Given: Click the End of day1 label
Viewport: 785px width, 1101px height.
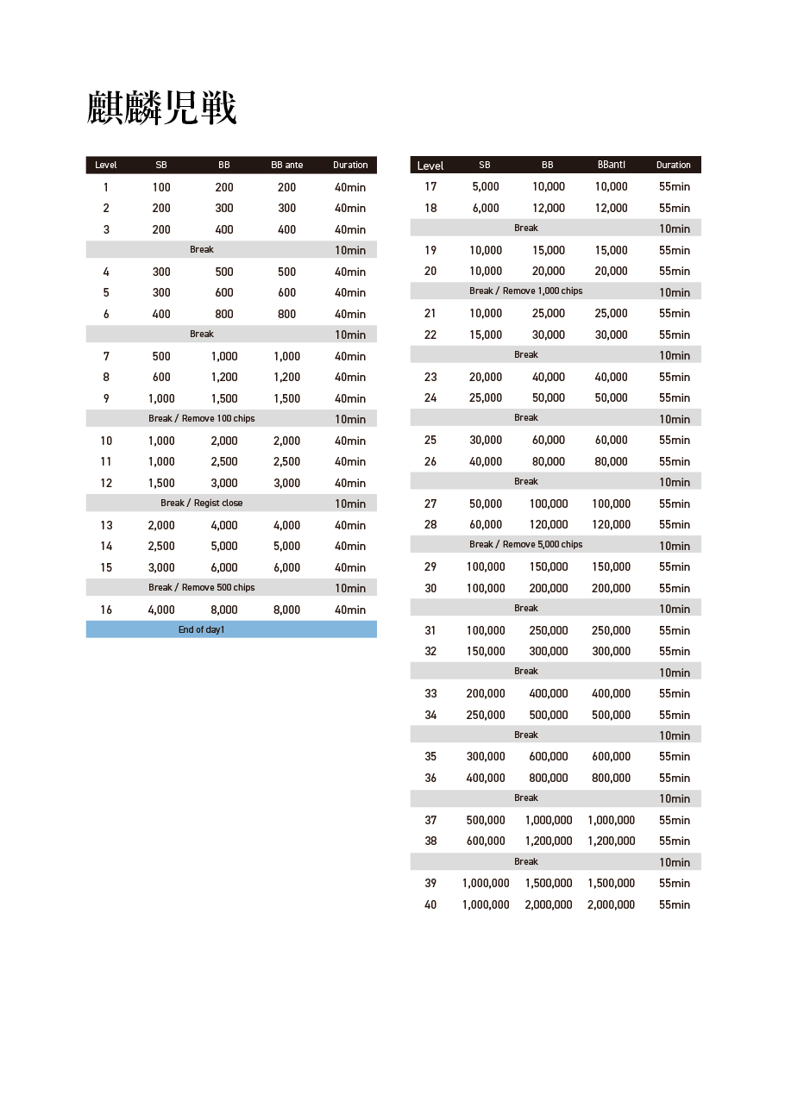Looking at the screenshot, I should [x=201, y=630].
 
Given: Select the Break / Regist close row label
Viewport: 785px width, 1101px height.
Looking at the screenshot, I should [x=201, y=504].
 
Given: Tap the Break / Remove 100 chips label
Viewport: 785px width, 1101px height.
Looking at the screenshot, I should [x=201, y=419].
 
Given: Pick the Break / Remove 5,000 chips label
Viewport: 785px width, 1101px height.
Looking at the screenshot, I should [x=525, y=545].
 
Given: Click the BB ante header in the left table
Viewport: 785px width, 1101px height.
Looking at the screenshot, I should [x=286, y=166].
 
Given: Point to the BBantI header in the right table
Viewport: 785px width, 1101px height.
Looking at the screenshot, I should [x=611, y=166].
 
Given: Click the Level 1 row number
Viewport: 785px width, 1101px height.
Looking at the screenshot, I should [x=106, y=187].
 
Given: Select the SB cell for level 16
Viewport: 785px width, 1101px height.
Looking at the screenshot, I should [x=161, y=610].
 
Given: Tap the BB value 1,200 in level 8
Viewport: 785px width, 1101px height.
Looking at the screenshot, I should [x=224, y=377].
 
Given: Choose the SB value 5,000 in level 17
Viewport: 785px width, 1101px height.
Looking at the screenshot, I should [x=486, y=187].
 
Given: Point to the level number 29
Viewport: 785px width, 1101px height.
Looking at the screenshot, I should [x=430, y=566].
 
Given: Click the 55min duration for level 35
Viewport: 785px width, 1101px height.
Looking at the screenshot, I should [x=675, y=757].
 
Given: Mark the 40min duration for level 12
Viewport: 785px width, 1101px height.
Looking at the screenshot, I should [x=350, y=483].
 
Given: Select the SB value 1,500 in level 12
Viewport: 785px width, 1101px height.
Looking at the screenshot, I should [x=161, y=483].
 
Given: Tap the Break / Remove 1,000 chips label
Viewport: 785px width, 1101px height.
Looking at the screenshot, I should [x=525, y=291].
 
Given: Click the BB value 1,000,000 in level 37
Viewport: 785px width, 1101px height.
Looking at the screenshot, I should [x=548, y=820].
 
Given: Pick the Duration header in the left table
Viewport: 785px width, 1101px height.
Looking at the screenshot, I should [x=350, y=166].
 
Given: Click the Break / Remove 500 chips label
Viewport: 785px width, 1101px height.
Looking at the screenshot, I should [x=201, y=588].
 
